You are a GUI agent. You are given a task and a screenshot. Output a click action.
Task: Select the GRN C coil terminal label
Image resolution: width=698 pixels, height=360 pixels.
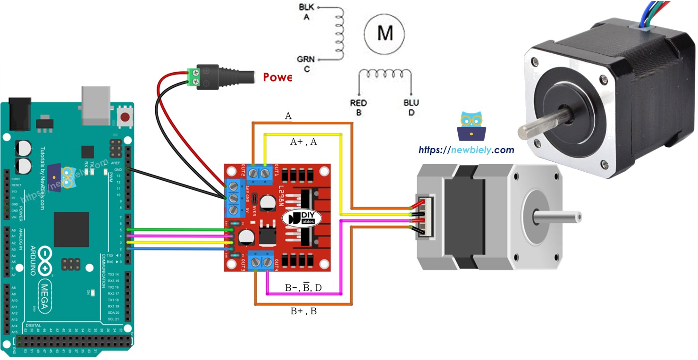tap(306, 64)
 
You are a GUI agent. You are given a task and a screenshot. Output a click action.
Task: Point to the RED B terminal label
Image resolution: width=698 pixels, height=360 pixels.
tap(358, 108)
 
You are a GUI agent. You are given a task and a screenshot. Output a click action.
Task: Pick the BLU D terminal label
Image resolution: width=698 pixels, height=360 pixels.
tap(411, 108)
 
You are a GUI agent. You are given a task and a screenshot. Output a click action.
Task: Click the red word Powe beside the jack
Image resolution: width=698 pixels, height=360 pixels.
tap(278, 77)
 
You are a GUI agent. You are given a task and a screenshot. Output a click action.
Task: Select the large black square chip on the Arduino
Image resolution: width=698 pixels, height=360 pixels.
tap(71, 229)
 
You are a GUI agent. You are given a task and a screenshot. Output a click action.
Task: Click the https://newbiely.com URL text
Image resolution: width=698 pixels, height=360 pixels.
tap(466, 150)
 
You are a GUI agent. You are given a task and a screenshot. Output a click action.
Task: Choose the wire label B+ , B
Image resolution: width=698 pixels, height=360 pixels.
tap(303, 311)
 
